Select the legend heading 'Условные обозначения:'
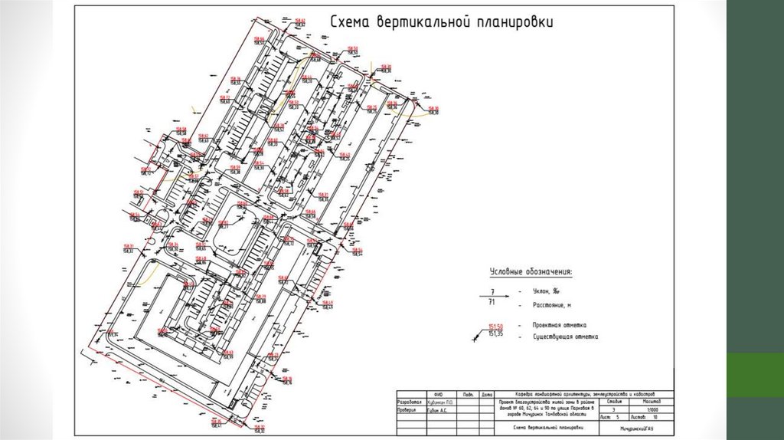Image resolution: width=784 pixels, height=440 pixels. (x=531, y=272)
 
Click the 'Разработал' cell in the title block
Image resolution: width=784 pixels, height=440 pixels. (x=409, y=402)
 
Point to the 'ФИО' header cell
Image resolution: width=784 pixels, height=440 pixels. (x=439, y=394)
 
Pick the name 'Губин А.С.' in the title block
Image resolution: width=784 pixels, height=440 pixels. (x=439, y=410)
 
